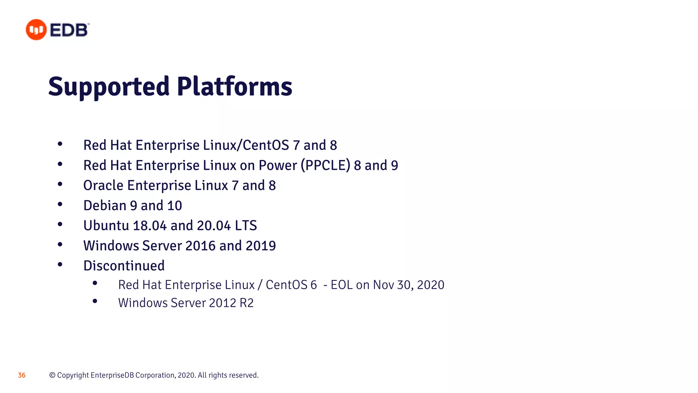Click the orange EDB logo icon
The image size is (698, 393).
pos(36,30)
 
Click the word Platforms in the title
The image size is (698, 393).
pos(234,87)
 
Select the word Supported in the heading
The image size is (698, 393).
pos(109,87)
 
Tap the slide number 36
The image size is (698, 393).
pos(22,375)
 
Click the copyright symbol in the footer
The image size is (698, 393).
pos(52,375)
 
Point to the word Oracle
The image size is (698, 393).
pos(103,186)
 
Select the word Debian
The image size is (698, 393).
pos(105,206)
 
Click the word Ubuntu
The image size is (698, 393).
pos(106,226)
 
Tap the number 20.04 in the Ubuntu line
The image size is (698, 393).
pos(214,226)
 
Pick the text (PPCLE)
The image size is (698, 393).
pos(325,165)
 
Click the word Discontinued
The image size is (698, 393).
pos(124,266)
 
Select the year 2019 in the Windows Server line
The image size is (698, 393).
pos(261,246)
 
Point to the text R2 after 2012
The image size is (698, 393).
pos(247,303)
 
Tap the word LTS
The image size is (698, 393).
pos(246,226)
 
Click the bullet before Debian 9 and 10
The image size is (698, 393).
pos(60,204)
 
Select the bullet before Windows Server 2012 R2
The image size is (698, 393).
pos(95,301)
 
